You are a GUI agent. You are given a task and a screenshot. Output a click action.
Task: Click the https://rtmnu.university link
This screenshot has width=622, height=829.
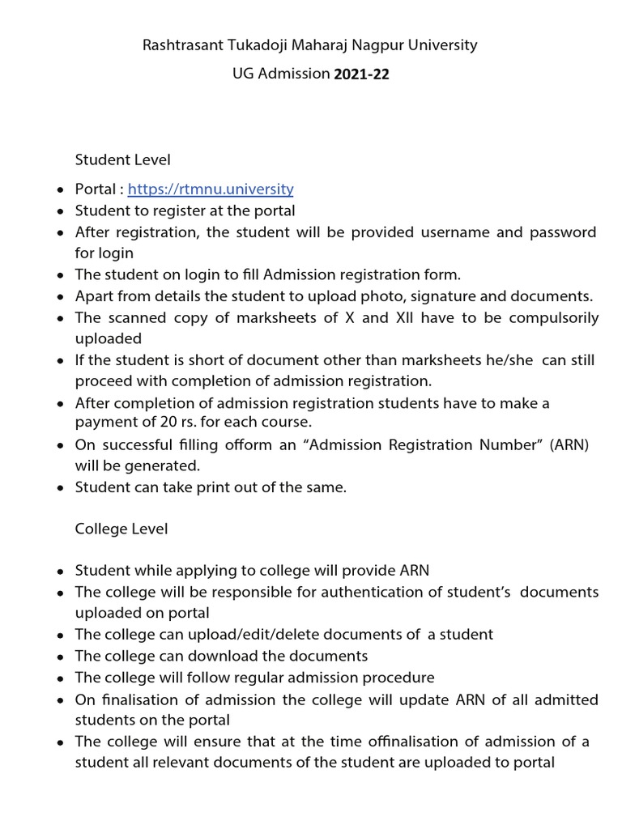[x=211, y=189]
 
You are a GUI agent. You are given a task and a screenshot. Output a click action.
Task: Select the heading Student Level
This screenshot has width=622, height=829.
[x=123, y=160]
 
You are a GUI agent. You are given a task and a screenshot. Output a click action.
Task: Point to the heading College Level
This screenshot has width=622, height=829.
[x=121, y=529]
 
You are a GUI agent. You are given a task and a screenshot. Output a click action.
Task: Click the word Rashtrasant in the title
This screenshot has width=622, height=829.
[x=181, y=45]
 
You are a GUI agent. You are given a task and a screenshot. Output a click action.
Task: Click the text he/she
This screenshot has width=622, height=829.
[x=507, y=359]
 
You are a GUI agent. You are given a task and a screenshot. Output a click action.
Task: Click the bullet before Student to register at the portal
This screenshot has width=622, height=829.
[x=61, y=211]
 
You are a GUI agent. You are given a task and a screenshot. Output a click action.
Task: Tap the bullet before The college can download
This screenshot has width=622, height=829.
[x=61, y=656]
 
